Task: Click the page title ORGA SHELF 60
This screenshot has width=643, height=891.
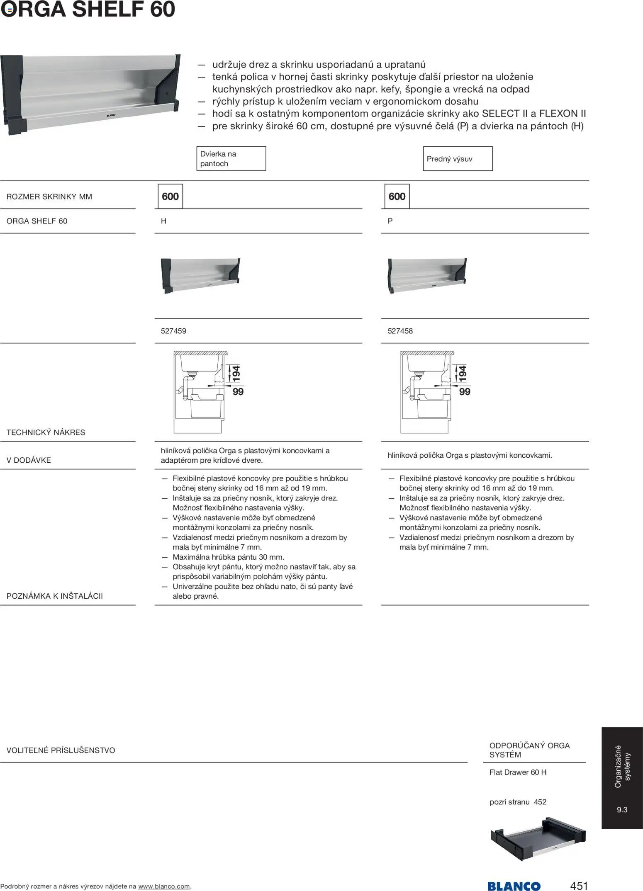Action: pyautogui.click(x=88, y=9)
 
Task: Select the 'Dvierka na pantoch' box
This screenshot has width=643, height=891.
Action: pyautogui.click(x=231, y=159)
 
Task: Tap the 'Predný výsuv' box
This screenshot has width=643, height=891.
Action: pyautogui.click(x=458, y=159)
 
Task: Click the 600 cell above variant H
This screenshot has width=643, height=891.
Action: pyautogui.click(x=170, y=197)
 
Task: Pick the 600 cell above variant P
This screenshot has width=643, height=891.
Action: pyautogui.click(x=397, y=197)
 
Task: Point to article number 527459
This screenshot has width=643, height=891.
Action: pyautogui.click(x=173, y=331)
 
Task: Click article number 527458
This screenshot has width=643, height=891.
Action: pyautogui.click(x=400, y=331)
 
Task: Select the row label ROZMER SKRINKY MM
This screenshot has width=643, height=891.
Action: pyautogui.click(x=49, y=197)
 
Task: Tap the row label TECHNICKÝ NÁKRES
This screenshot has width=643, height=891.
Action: pyautogui.click(x=46, y=432)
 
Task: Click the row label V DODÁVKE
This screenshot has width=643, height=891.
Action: pyautogui.click(x=29, y=460)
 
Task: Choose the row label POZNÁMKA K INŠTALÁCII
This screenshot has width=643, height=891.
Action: pyautogui.click(x=55, y=596)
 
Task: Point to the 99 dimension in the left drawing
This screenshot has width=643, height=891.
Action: pyautogui.click(x=238, y=392)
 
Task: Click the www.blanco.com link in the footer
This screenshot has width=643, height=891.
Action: pyautogui.click(x=164, y=886)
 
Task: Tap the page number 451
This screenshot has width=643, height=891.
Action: pyautogui.click(x=579, y=886)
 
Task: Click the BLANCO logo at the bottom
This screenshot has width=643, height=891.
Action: pyautogui.click(x=514, y=886)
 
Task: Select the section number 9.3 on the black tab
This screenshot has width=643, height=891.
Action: pyautogui.click(x=622, y=810)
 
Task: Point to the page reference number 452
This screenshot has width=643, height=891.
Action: pyautogui.click(x=540, y=802)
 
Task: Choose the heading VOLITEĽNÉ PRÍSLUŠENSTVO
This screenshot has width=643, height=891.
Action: pyautogui.click(x=61, y=750)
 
